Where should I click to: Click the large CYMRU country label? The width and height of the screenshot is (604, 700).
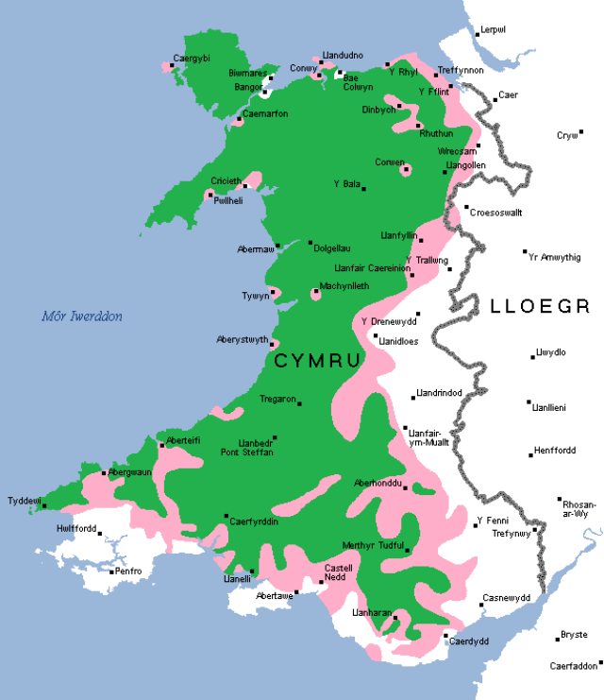(x=317, y=361)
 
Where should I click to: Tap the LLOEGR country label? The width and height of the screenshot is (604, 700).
(x=540, y=306)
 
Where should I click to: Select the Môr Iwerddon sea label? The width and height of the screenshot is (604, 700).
(x=81, y=316)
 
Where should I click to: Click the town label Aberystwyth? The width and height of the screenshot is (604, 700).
(x=243, y=339)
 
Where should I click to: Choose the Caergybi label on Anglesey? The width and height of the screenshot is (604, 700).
(x=192, y=59)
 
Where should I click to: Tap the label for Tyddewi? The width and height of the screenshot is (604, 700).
(x=24, y=500)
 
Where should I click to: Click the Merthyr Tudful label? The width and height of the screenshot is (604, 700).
(x=374, y=545)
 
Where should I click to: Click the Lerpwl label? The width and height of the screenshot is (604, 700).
(x=493, y=30)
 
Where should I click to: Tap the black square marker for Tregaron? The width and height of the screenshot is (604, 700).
(x=300, y=403)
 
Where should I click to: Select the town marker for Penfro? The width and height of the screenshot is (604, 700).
(x=110, y=571)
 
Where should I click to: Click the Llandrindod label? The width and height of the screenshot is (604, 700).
(x=441, y=393)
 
